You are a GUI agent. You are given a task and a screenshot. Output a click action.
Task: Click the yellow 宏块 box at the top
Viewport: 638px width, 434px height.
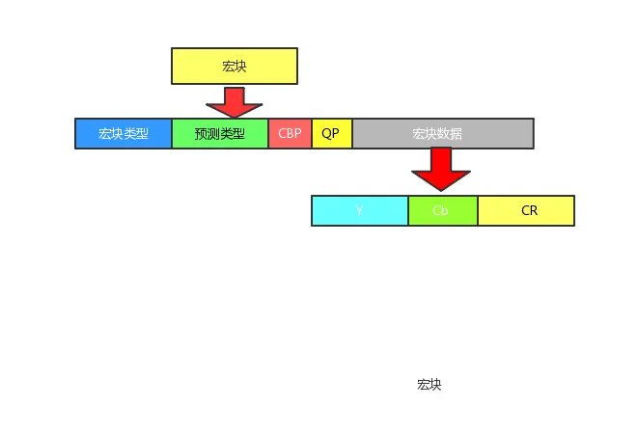pos(235,66)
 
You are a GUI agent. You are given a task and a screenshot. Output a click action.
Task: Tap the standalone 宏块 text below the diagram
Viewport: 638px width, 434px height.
pos(430,385)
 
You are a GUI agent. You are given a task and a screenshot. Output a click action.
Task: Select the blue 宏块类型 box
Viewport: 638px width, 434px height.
pos(124,133)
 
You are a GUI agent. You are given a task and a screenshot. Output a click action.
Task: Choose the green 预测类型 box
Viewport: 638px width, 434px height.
pos(220,133)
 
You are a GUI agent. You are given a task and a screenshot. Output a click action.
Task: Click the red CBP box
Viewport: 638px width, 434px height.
pos(290,133)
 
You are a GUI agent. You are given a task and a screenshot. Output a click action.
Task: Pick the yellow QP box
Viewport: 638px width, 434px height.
pos(331,133)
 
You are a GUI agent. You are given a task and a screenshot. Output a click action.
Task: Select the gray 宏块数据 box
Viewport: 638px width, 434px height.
pos(442,133)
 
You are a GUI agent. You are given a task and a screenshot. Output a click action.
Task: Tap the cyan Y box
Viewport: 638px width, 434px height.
pos(359,210)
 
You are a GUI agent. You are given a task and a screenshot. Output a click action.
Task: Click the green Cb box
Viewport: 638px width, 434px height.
pos(442,210)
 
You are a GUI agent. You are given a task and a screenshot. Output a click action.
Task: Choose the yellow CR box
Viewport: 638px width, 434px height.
pos(526,210)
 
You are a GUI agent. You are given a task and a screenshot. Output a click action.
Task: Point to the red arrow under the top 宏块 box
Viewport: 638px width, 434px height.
pos(234,101)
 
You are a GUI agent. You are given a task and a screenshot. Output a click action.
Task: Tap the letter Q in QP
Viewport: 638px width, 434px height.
pos(326,133)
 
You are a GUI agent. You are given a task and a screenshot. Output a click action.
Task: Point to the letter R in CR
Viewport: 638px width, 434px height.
pos(534,210)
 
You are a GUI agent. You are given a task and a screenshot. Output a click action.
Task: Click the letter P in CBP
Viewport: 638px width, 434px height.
pos(297,133)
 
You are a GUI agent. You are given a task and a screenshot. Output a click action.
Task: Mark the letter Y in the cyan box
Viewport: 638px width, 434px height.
pos(359,210)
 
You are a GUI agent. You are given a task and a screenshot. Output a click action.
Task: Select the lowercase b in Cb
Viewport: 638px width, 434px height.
pos(445,210)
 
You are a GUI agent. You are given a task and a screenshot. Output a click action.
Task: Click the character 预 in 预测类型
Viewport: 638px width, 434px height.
pos(201,133)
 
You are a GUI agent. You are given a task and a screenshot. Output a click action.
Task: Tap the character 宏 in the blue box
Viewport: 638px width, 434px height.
pos(105,133)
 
